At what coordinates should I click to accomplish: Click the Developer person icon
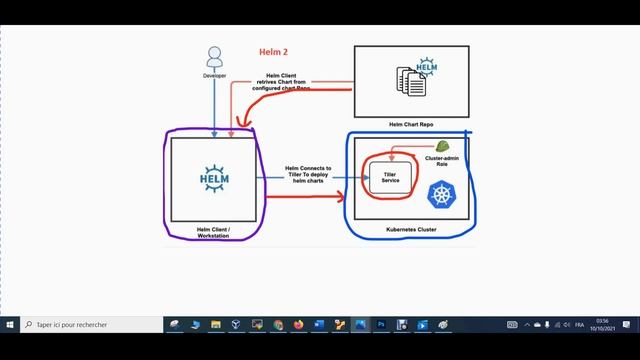click(x=213, y=56)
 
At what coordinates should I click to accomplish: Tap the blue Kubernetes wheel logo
click(x=441, y=194)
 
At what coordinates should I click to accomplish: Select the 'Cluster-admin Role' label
click(x=441, y=162)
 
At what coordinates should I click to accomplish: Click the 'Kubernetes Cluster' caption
click(x=412, y=229)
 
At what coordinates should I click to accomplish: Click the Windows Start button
click(x=10, y=325)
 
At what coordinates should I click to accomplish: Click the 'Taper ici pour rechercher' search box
click(x=90, y=325)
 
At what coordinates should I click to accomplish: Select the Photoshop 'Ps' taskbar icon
click(x=380, y=325)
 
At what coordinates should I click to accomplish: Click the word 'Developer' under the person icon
click(x=213, y=74)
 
